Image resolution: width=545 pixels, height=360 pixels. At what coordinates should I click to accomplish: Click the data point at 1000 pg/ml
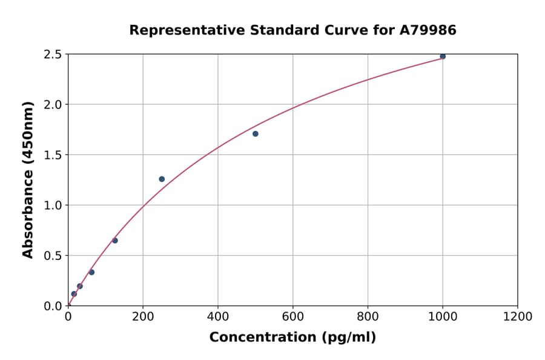coord(443,56)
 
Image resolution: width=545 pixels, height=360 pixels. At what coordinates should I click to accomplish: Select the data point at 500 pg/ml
coord(256,134)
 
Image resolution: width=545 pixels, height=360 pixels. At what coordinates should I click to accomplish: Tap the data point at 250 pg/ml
coord(162,179)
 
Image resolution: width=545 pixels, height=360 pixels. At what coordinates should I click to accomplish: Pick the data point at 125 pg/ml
coord(115,241)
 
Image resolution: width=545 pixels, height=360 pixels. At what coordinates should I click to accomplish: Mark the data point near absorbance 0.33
coord(91,272)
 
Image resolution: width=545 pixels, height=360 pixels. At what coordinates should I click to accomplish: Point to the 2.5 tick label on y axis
coord(52,55)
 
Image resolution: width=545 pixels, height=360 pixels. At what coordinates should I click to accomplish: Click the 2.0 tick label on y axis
coord(52,105)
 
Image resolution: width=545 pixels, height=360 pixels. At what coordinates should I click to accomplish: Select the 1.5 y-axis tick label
coord(52,155)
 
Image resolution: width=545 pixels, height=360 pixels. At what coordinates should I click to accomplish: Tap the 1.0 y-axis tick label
coord(52,205)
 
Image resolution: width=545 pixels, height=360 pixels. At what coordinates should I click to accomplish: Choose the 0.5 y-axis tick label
coord(52,256)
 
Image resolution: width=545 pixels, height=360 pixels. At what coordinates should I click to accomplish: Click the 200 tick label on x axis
coord(143,317)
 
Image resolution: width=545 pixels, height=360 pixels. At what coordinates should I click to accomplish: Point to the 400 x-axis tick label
coord(218,317)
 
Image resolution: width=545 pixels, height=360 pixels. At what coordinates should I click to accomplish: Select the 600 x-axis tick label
coord(293,317)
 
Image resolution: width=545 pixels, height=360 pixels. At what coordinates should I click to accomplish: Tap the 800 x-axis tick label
coord(368,317)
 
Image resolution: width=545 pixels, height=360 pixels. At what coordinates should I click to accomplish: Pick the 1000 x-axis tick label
coord(443,317)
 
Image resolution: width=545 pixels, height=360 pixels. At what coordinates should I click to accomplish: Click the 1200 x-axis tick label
coord(518,317)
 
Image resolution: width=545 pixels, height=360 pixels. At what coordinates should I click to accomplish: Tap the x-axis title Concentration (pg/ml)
coord(292,338)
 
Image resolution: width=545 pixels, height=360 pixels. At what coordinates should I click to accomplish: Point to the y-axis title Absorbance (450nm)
coord(28,180)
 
